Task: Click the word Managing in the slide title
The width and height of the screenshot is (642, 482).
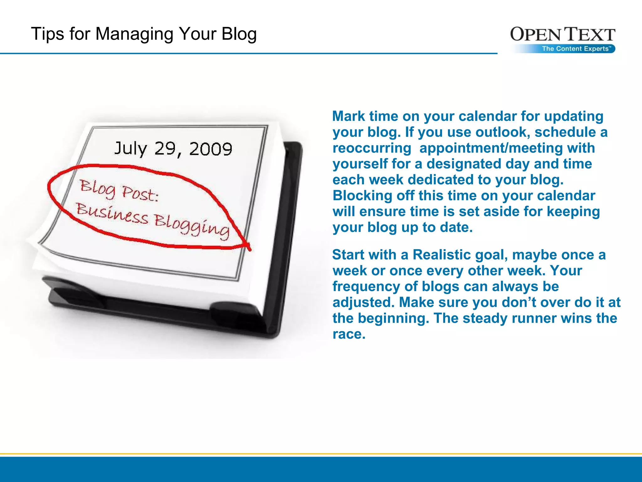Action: pos(134,34)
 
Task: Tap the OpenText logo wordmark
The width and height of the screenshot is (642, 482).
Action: pos(563,34)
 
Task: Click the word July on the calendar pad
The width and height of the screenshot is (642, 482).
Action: pos(130,148)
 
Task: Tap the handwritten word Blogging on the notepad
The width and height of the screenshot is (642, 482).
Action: pos(192,224)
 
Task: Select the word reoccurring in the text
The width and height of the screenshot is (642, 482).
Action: pos(372,148)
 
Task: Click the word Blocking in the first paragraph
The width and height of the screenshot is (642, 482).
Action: pos(362,195)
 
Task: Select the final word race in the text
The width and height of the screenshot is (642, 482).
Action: pos(349,334)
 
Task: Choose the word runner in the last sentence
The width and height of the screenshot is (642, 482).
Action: pos(534,318)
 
